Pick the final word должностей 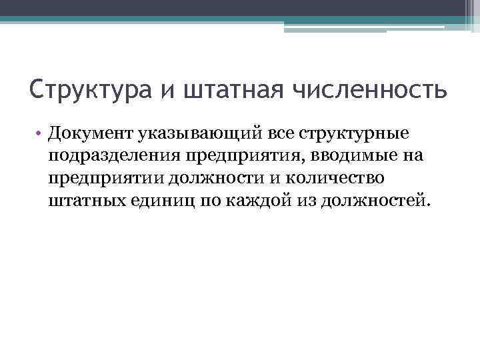375,201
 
